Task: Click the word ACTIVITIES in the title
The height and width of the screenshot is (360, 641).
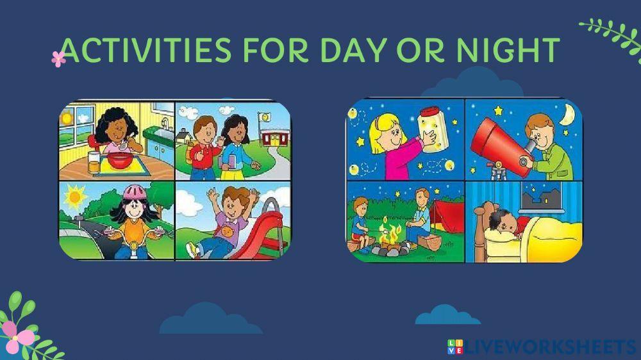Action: (146, 50)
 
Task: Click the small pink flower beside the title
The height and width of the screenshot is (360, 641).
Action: (58, 59)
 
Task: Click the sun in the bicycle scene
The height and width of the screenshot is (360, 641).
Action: (74, 197)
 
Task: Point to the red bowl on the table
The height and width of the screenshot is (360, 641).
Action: (120, 160)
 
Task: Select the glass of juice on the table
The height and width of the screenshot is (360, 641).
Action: (94, 163)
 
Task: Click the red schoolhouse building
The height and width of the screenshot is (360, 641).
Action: (275, 138)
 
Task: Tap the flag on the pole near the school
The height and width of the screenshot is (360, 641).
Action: (265, 117)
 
